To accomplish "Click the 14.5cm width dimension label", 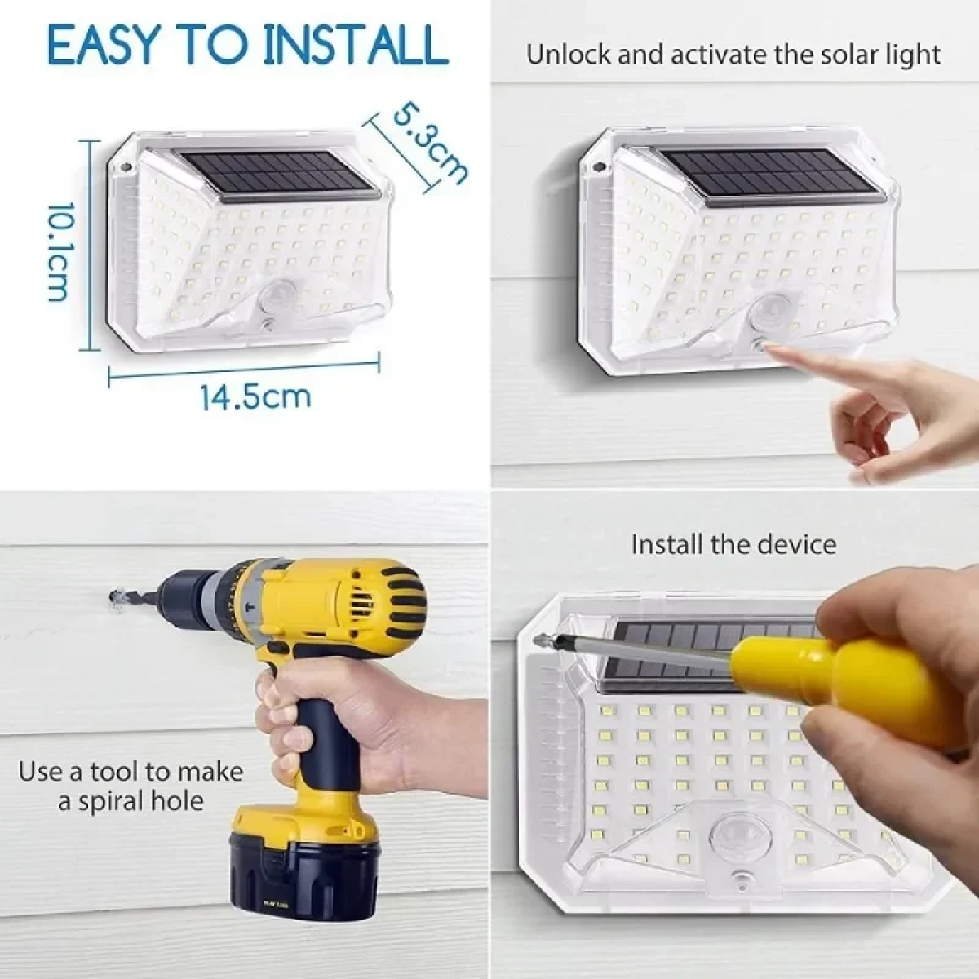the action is tap(255, 397).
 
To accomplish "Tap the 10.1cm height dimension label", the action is tap(62, 251).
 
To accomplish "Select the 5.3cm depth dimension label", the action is tap(429, 144).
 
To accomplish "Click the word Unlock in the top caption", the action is tap(568, 55).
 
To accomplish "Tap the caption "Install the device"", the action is tap(733, 544).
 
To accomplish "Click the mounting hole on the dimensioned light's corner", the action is tap(126, 167).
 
